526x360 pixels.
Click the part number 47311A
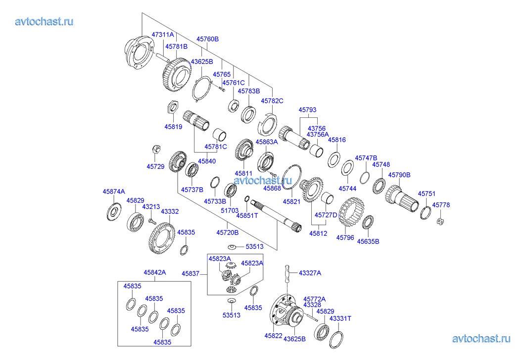coord(163,35)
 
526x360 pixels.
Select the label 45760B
coord(207,39)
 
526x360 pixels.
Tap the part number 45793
coord(307,110)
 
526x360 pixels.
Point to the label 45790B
coord(399,175)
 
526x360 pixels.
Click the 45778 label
coord(441,205)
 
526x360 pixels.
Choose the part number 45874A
coord(114,191)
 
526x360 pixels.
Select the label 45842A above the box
coord(155,272)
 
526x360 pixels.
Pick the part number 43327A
coord(310,272)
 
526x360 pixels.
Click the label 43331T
coord(340,318)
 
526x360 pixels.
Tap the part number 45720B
coord(228,232)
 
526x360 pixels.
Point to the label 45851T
coord(247,215)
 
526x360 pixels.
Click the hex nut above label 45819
coord(173,106)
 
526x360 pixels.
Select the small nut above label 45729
coord(154,148)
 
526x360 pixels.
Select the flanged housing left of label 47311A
coord(140,51)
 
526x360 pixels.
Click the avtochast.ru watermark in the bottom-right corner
coord(480,339)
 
